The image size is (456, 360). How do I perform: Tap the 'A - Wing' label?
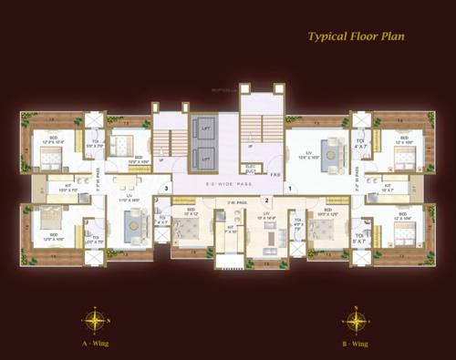click(x=95, y=345)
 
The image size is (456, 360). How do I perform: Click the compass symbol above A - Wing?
click(x=95, y=321)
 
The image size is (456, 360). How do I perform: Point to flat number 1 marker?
click(x=290, y=189)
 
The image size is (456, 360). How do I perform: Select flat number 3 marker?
click(x=166, y=189)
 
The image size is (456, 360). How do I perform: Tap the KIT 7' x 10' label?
click(x=230, y=229)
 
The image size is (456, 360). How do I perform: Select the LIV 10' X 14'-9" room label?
click(x=266, y=218)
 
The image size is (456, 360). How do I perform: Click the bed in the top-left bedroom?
click(x=47, y=159)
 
